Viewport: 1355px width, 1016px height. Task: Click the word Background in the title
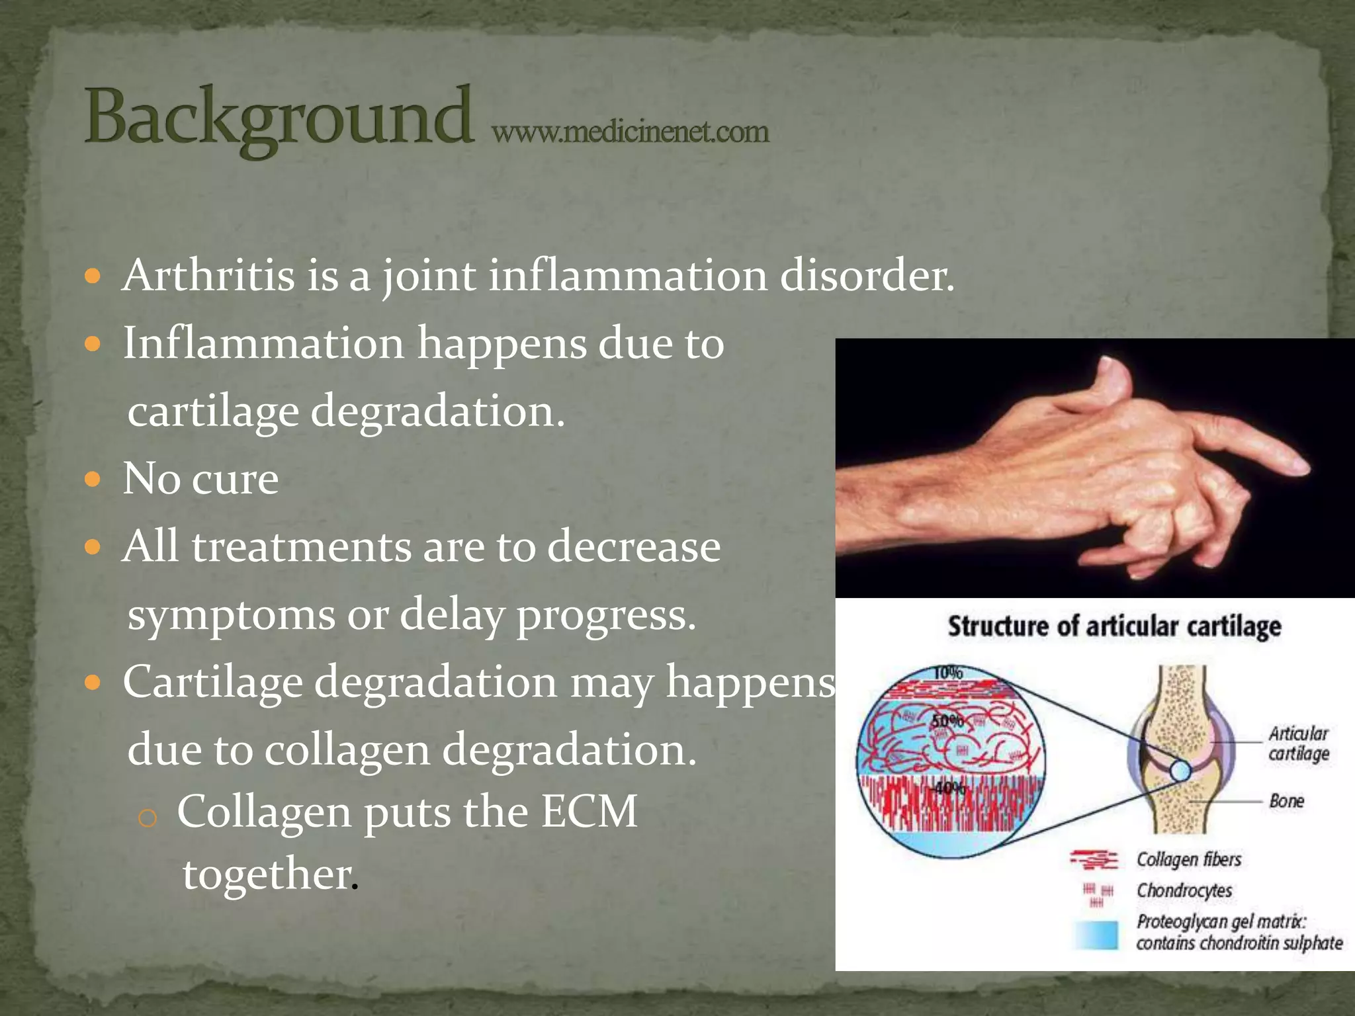tap(278, 118)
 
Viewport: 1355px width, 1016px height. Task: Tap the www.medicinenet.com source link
tap(630, 132)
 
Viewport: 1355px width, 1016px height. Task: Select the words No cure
tap(200, 478)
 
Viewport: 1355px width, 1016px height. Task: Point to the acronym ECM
tap(589, 811)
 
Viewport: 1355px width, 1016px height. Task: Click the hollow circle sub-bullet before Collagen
tap(148, 818)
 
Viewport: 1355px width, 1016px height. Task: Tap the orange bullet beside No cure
tap(93, 479)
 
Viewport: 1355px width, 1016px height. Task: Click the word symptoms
tap(231, 614)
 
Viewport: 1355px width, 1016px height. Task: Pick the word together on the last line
tap(267, 874)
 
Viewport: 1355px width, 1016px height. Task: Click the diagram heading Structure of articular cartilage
tap(1114, 626)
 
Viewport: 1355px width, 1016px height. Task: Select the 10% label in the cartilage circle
tap(947, 673)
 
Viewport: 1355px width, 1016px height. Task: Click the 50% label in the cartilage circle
tap(947, 721)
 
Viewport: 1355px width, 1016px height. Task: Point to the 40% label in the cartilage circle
tap(950, 788)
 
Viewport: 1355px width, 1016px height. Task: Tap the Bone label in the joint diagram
tap(1286, 801)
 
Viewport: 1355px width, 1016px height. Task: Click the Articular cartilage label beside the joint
tap(1298, 743)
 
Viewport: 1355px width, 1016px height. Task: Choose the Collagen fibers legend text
tap(1188, 859)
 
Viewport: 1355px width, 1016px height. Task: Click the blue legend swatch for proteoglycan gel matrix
tap(1096, 934)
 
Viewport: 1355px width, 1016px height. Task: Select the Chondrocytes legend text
tap(1184, 890)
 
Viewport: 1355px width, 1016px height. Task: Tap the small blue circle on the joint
tap(1180, 771)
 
